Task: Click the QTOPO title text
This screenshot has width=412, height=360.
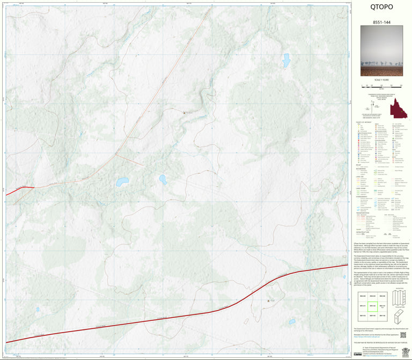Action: tap(381, 7)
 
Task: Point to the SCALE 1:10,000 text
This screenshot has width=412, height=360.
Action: tap(381, 80)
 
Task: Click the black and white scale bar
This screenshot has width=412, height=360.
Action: tap(381, 85)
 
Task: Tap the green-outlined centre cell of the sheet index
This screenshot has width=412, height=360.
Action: tap(371, 305)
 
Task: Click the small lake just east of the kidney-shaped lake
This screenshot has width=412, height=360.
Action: tap(163, 179)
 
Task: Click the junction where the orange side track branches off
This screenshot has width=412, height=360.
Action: tap(116, 155)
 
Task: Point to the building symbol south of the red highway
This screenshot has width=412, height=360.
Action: tap(268, 301)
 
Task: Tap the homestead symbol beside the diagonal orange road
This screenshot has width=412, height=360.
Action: tap(184, 113)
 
